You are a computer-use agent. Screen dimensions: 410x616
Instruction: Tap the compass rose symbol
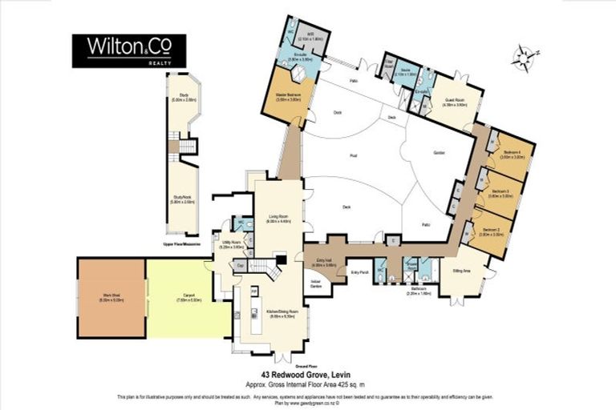point(524,57)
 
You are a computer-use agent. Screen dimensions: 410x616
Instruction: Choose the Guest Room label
point(456,103)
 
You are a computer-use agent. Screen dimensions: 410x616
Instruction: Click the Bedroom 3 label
point(500,193)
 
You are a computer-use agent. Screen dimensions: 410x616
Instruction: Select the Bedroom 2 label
point(491,232)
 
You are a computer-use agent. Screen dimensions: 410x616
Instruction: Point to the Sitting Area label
point(460,271)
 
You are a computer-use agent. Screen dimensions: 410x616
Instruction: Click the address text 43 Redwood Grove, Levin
point(308,375)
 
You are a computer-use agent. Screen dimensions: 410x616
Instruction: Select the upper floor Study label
point(183,98)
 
